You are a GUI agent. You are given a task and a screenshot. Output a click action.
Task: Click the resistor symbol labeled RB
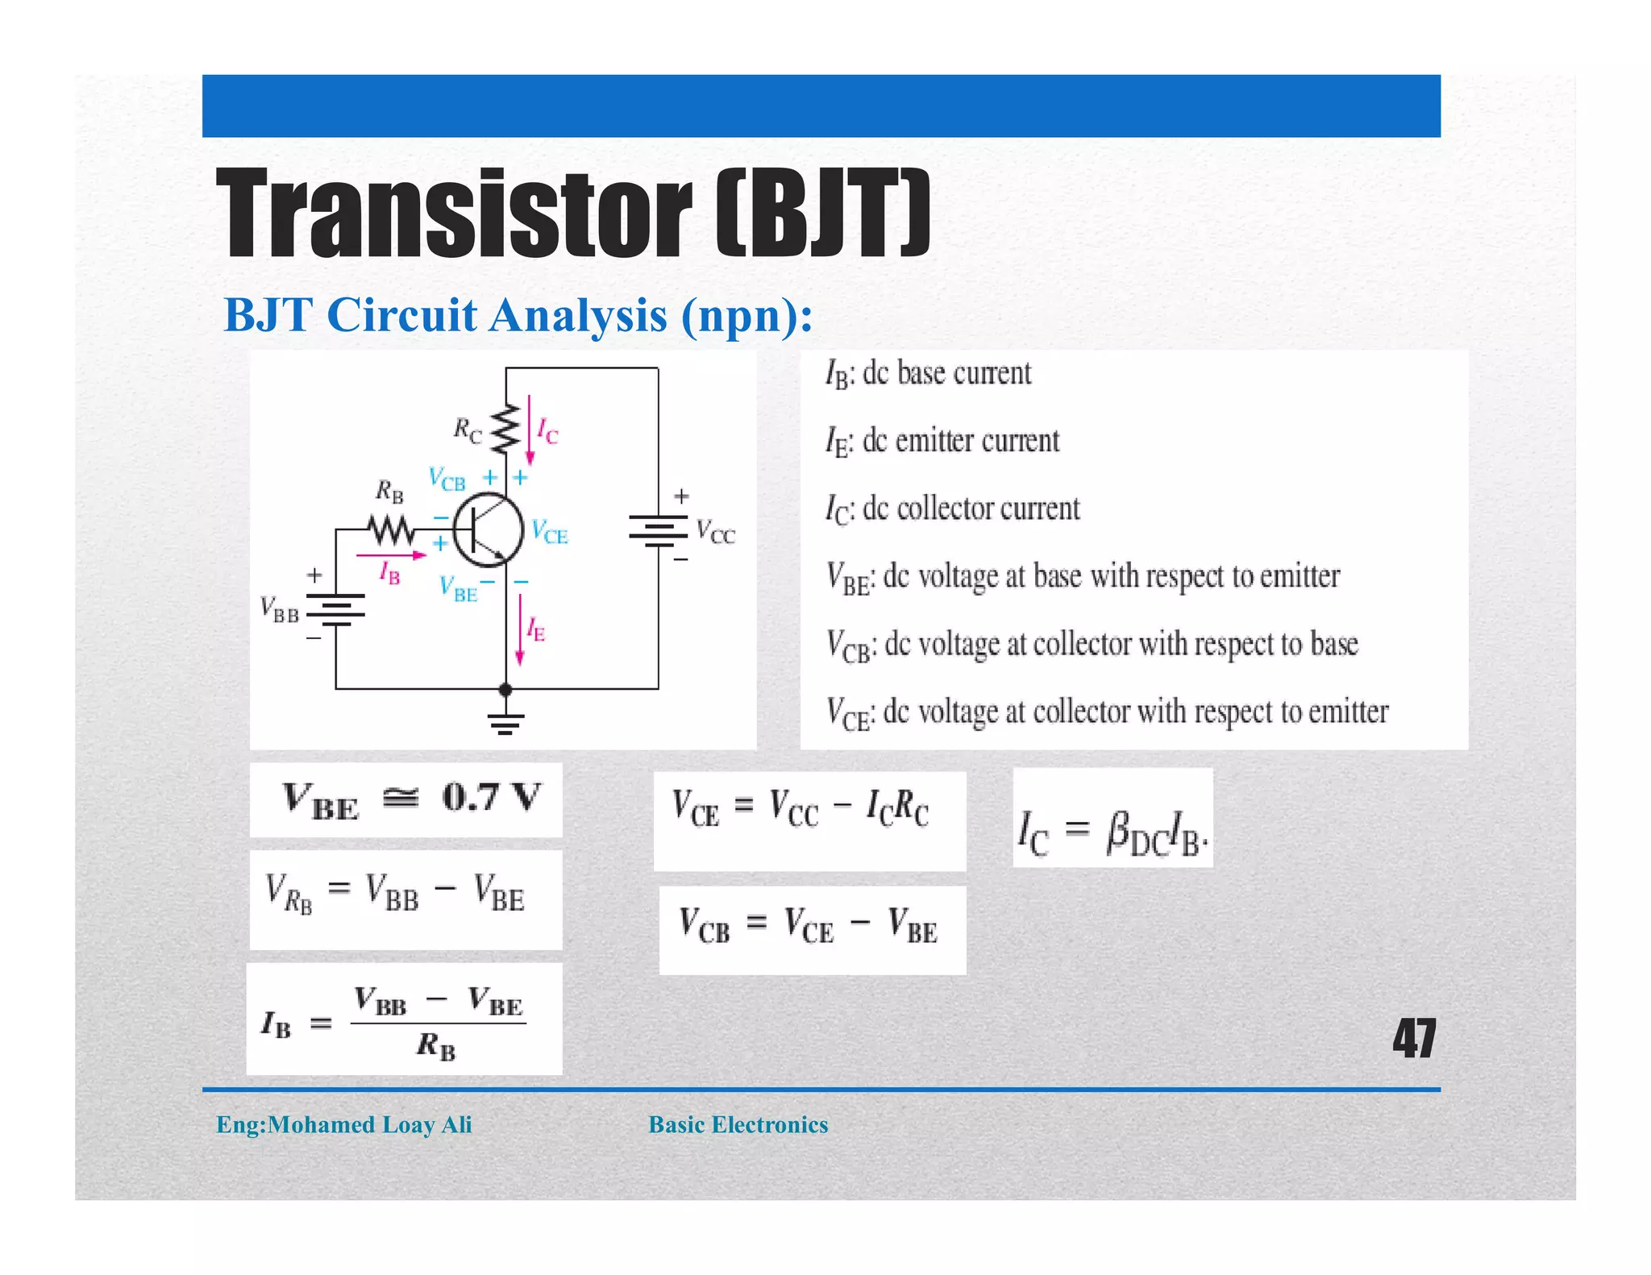tap(392, 530)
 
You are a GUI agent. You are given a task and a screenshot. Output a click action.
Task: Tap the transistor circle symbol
tap(488, 530)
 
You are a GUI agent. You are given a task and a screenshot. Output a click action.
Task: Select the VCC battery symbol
tap(659, 530)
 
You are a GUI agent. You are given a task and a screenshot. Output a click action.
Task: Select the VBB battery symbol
tap(336, 610)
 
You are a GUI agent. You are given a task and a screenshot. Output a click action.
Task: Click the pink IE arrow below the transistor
tap(520, 629)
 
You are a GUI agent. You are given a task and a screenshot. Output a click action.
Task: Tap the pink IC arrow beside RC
tap(530, 429)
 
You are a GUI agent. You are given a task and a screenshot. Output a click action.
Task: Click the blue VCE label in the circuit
tap(550, 532)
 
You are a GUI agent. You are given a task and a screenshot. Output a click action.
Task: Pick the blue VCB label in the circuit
tap(447, 480)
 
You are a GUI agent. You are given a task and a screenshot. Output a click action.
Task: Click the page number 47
tap(1414, 1039)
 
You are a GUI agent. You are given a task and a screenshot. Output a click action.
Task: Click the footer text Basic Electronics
tap(738, 1125)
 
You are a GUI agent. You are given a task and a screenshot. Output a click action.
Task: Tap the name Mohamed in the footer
tap(321, 1125)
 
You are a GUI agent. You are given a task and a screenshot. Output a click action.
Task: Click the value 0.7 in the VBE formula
tap(471, 798)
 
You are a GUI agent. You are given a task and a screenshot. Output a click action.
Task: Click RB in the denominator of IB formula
tap(436, 1047)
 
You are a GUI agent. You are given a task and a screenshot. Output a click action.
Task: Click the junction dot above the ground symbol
tap(505, 690)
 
